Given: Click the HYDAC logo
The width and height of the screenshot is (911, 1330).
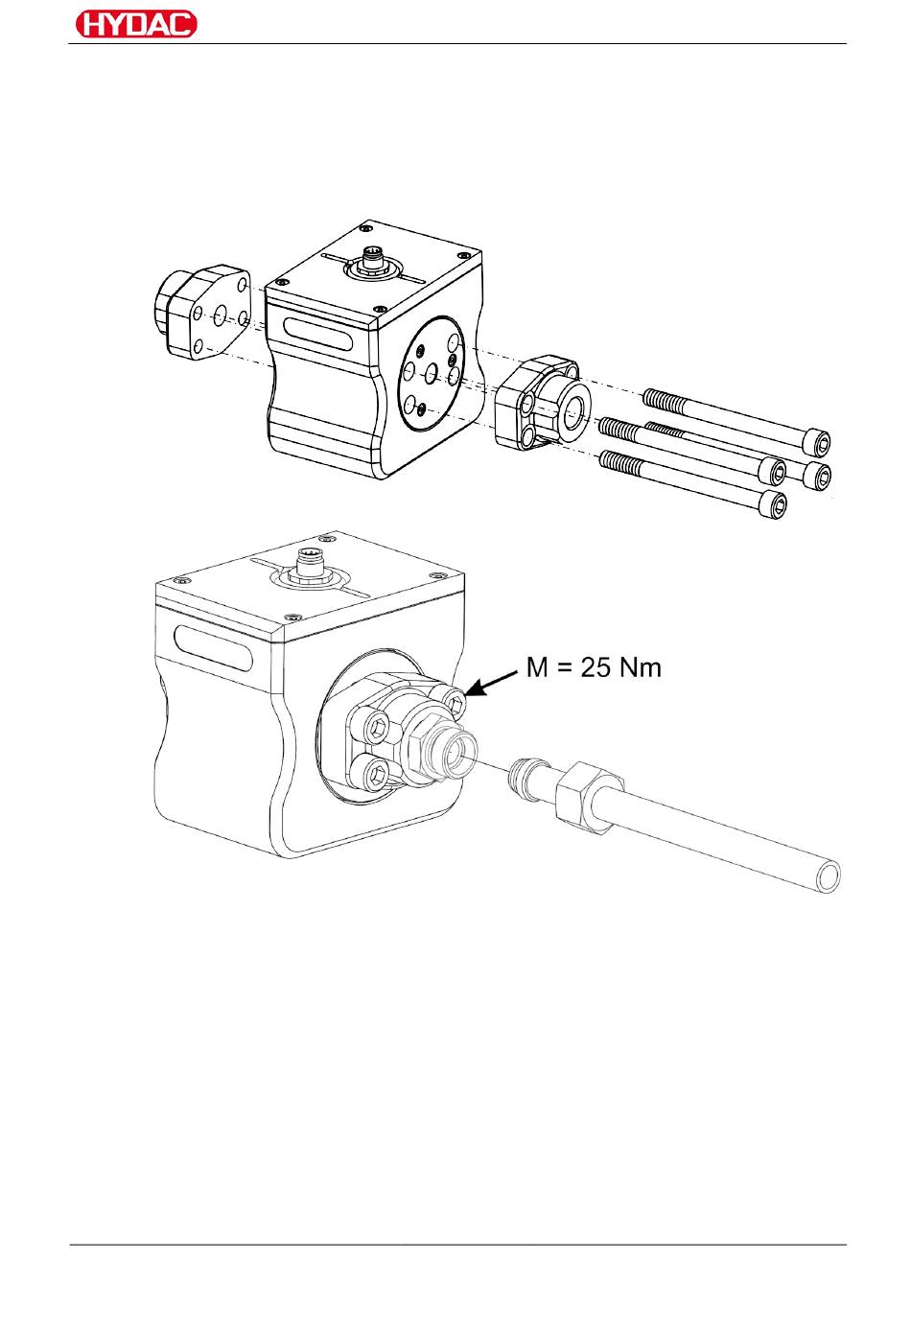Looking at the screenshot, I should (134, 24).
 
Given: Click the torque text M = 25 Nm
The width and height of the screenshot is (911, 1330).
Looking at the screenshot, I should (595, 667).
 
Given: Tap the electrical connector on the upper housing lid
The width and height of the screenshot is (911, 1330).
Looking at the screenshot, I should (369, 259).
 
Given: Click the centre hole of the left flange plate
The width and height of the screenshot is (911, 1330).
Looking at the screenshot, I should (221, 314).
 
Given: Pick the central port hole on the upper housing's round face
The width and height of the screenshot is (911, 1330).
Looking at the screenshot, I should (432, 372).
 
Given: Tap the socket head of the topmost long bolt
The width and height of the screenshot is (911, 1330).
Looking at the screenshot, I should (817, 442).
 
